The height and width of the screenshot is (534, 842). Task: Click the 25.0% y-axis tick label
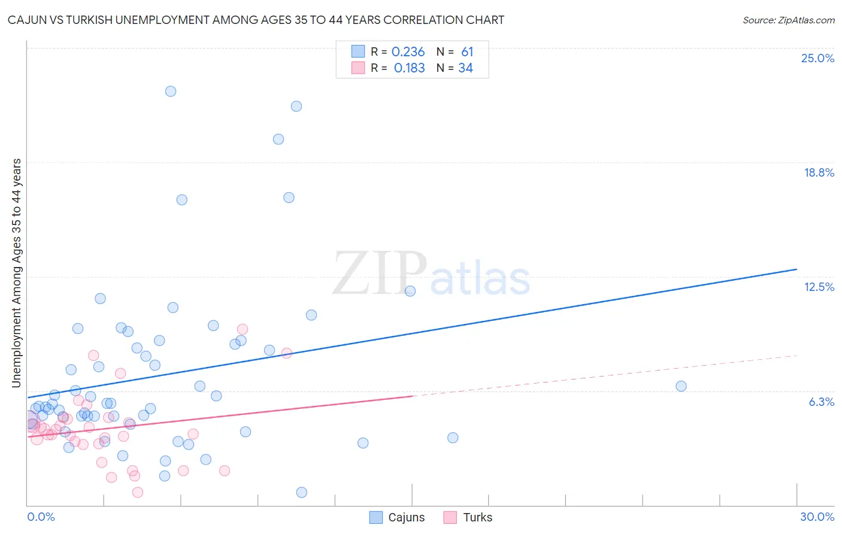click(817, 58)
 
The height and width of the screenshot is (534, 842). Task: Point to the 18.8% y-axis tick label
click(819, 172)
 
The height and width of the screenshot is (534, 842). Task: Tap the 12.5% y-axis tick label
click(819, 287)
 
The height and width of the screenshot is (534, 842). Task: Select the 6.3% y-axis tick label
click(821, 402)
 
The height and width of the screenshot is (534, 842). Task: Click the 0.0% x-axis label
click(41, 517)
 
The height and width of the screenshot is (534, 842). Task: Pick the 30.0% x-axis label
click(817, 517)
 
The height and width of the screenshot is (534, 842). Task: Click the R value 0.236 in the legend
click(408, 52)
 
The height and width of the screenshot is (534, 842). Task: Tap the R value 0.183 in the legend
click(409, 68)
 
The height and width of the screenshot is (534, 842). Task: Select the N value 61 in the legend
click(467, 52)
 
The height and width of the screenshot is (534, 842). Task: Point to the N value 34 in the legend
click(465, 68)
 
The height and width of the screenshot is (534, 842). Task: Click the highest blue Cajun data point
click(171, 92)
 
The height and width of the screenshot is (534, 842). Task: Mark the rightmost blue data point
click(681, 386)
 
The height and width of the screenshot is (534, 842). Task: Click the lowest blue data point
click(302, 492)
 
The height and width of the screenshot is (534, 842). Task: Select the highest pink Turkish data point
click(243, 329)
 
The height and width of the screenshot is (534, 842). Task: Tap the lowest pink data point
click(138, 492)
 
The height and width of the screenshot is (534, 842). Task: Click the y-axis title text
click(16, 272)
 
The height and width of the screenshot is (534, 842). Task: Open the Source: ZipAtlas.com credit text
click(788, 20)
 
